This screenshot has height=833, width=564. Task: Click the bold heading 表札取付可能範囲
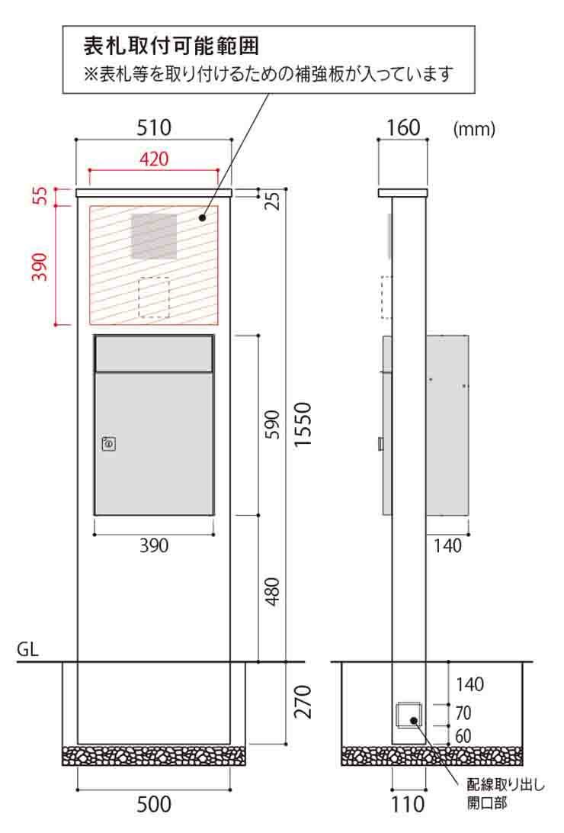pyautogui.click(x=171, y=47)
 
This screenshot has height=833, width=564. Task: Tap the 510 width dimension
pyautogui.click(x=154, y=128)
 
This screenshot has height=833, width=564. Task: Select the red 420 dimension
pyautogui.click(x=154, y=159)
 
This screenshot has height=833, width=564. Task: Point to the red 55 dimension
pyautogui.click(x=41, y=195)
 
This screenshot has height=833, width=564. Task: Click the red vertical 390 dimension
pyautogui.click(x=41, y=267)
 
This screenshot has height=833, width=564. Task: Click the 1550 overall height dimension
pyautogui.click(x=303, y=424)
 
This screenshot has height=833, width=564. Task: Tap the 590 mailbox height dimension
pyautogui.click(x=272, y=424)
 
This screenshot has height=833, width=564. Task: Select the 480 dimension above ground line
pyautogui.click(x=272, y=591)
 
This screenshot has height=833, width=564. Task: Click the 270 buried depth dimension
pyautogui.click(x=303, y=702)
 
